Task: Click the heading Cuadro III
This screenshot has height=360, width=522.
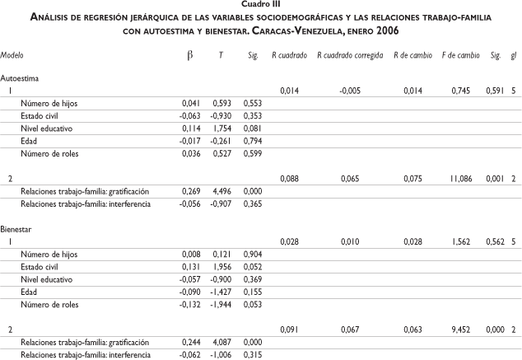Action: [x=261, y=6]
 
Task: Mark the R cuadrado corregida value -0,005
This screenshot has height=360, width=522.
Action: [x=352, y=90]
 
